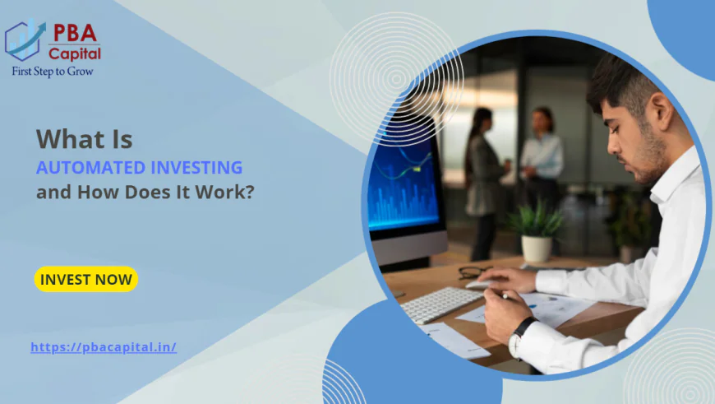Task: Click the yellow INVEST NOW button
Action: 85,279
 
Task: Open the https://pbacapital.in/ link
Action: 104,347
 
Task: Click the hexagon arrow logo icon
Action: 25,41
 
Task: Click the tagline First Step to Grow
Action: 52,71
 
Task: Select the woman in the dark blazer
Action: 482,177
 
